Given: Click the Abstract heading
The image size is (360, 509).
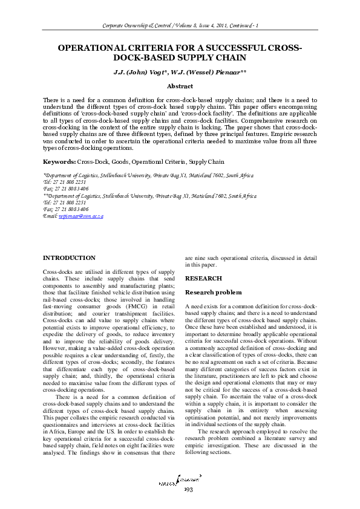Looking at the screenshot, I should (x=180, y=86).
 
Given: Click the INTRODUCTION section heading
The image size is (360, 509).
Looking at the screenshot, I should (x=69, y=258).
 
